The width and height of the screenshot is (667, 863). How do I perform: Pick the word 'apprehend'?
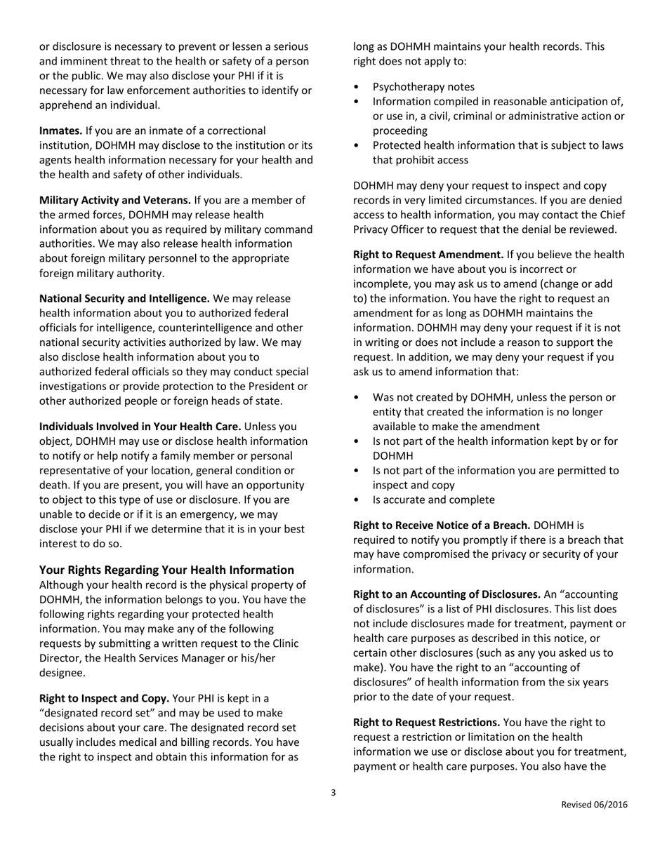(x=64, y=105)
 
